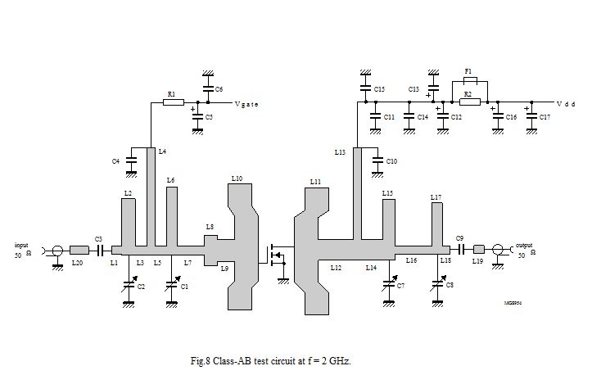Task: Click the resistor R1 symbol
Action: (172, 103)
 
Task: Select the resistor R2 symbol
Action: (468, 103)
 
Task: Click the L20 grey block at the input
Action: (79, 250)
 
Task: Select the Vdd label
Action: (565, 104)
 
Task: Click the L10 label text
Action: (237, 178)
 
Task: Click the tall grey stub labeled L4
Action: (151, 197)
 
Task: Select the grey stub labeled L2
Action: (129, 221)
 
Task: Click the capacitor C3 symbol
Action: (100, 250)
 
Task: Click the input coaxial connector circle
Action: (56, 250)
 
